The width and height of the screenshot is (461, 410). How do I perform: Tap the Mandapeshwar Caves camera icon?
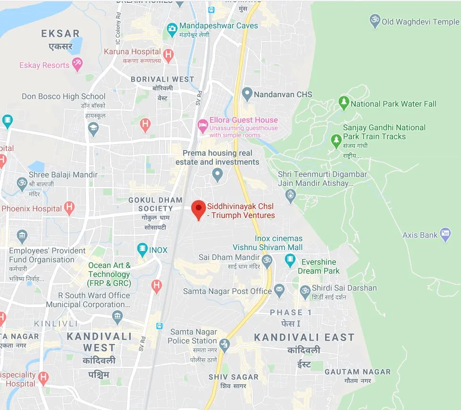172,30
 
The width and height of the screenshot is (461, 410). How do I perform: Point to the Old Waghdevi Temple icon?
375,21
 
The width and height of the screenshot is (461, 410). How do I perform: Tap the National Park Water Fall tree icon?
344,102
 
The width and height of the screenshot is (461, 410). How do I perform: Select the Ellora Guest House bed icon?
202,126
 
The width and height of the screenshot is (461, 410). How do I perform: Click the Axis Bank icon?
445,234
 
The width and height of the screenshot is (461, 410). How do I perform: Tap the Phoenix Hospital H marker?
69,207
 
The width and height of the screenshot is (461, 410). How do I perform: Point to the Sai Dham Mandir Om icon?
268,259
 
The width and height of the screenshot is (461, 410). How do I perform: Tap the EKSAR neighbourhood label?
60,33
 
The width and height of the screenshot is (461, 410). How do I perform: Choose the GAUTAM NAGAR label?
358,372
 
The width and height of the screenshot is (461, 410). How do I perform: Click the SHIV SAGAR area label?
234,377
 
